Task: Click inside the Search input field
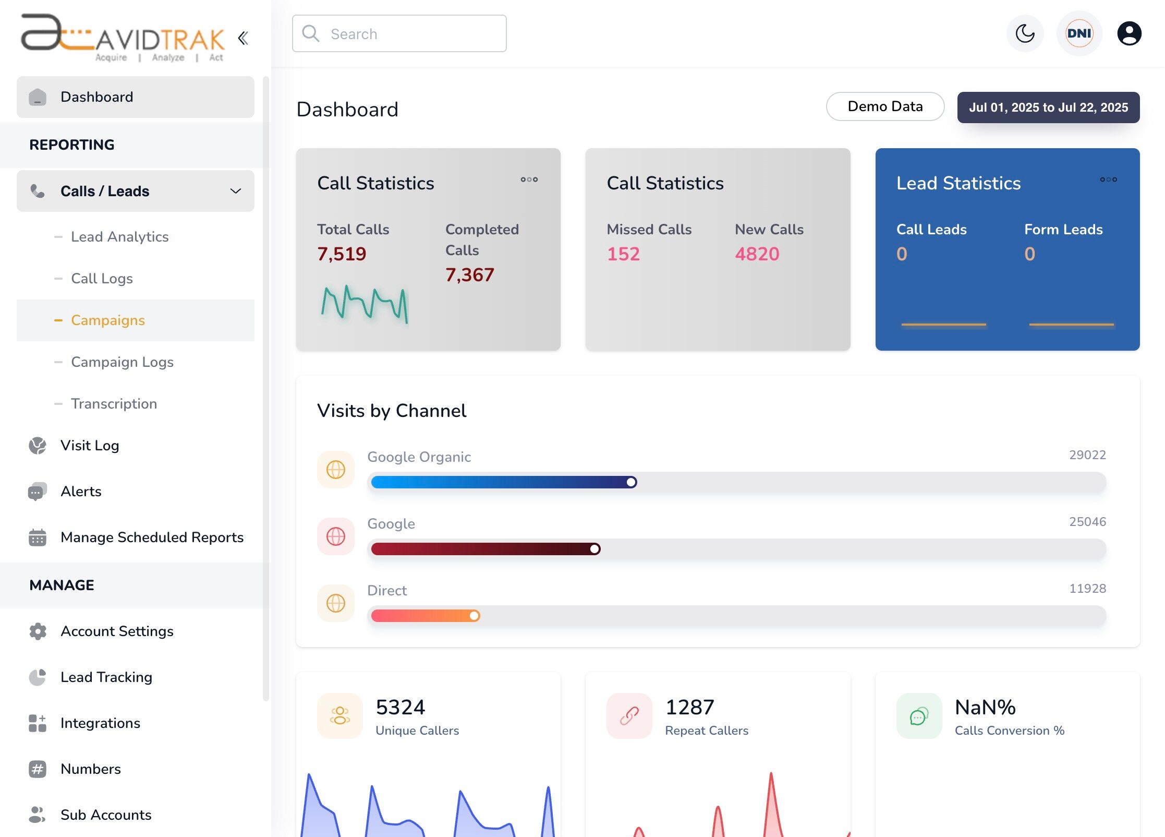[407, 34]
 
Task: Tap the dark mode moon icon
[1025, 34]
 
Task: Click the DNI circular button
[1079, 34]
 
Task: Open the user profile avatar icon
[1129, 34]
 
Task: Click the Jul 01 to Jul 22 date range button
[1048, 107]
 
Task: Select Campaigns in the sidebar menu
[108, 320]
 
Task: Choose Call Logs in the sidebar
[102, 279]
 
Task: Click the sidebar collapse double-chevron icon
[243, 38]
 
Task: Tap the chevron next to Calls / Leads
[236, 191]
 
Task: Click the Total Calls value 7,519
[342, 254]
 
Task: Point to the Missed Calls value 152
[623, 254]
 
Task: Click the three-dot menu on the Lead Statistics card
[1108, 180]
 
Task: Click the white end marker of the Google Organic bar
[631, 482]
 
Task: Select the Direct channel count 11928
[1087, 589]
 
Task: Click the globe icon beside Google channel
[336, 536]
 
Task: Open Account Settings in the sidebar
[117, 631]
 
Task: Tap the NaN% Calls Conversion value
[985, 708]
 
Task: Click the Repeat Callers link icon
[629, 716]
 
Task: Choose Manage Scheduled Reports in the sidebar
[152, 537]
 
